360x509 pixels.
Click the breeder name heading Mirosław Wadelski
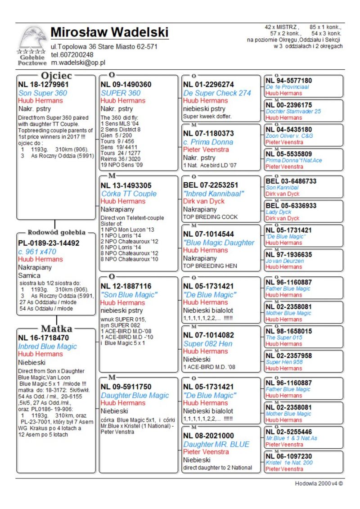109,32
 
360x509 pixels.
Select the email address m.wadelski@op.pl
77,63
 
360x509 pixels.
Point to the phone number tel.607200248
72,55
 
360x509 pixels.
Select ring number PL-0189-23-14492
49,243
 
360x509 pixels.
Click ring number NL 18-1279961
43,84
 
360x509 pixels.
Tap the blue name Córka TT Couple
129,194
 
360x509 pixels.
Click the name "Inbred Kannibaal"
213,194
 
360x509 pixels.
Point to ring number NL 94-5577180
288,81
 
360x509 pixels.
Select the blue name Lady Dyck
279,212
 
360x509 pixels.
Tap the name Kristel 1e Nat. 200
289,463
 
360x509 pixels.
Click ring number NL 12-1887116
126,286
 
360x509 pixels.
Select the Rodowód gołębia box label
57,233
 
